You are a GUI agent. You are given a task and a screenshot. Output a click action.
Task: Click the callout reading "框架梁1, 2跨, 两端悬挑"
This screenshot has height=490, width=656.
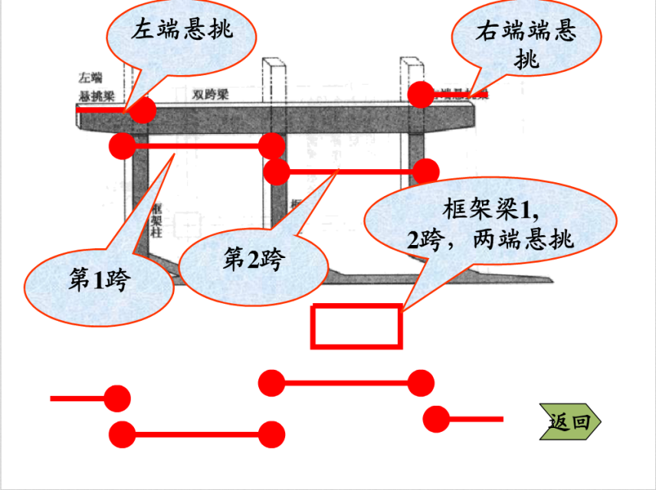(490, 225)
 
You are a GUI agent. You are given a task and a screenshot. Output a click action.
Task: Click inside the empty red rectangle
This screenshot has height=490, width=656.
(356, 326)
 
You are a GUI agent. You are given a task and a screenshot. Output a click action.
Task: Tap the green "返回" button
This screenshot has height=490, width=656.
(570, 421)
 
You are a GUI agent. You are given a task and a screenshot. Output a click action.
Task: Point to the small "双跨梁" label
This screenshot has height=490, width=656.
(210, 95)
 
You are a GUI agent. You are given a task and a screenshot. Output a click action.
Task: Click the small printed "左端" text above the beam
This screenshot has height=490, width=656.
(90, 77)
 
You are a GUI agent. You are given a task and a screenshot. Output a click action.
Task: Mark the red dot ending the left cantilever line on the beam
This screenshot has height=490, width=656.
(143, 110)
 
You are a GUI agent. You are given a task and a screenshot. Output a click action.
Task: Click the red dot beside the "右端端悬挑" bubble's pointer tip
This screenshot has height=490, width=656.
(421, 94)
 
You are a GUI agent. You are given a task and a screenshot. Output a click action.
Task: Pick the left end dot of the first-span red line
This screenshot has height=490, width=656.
(123, 145)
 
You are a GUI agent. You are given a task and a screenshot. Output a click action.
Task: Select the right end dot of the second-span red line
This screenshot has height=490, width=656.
(426, 171)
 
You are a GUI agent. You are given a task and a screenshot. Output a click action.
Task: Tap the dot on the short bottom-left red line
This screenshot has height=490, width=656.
(117, 398)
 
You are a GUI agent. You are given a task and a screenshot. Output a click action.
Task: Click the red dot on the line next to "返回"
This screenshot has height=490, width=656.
(436, 419)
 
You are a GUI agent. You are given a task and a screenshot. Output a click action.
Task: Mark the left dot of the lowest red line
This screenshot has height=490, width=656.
(123, 435)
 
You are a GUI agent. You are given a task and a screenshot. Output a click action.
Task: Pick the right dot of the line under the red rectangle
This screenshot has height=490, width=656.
(421, 382)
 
